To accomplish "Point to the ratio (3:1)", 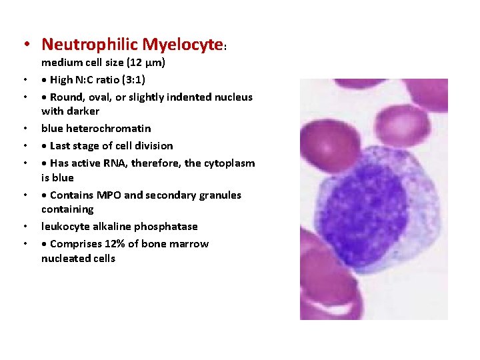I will point(130,80).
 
